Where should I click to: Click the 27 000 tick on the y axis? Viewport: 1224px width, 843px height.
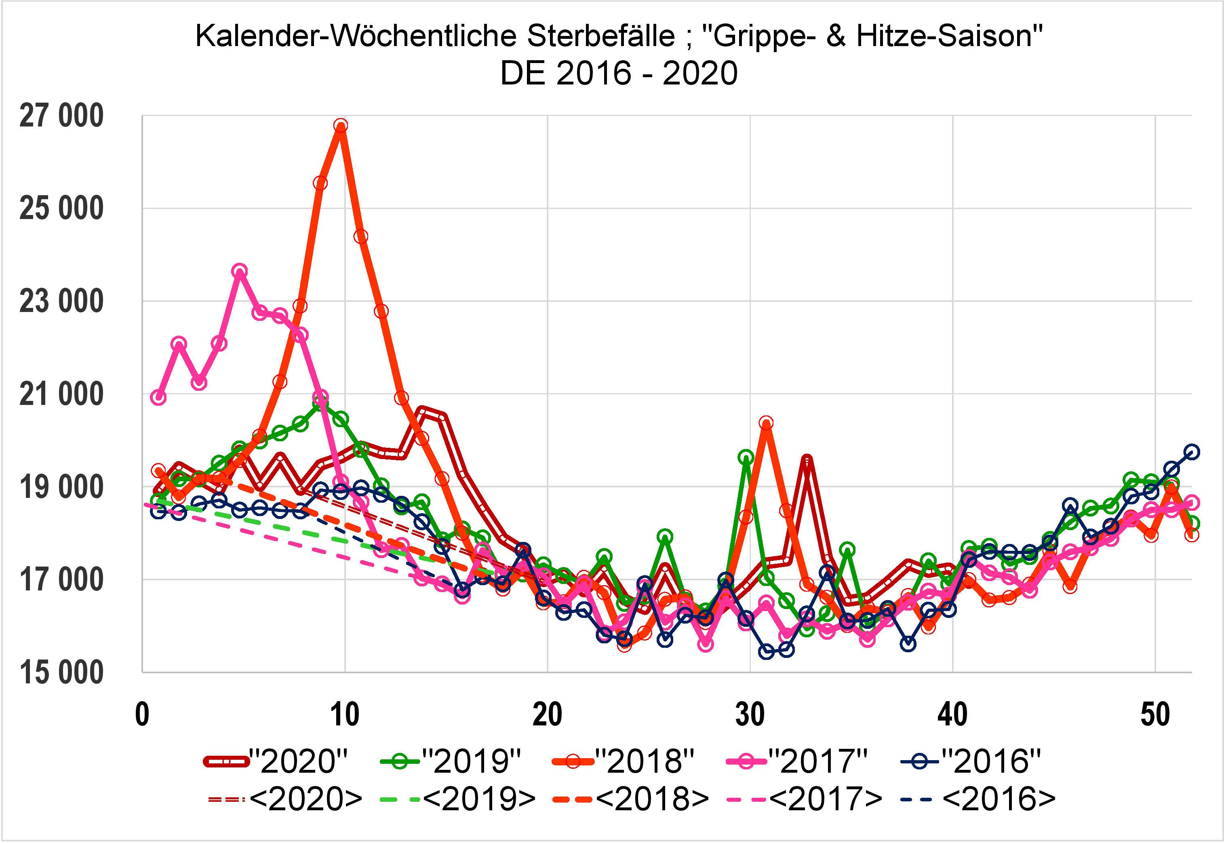point(61,116)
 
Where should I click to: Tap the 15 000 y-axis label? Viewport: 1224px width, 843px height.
point(61,673)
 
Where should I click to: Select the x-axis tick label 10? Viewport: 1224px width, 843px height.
point(345,715)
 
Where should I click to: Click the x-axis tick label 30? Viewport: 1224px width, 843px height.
point(750,715)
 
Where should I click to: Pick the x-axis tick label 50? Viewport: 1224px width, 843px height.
point(1155,715)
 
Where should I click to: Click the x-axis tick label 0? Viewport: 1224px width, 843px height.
point(142,715)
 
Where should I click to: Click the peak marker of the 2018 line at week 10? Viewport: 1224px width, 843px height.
point(341,126)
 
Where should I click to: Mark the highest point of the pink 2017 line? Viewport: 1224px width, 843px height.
point(240,271)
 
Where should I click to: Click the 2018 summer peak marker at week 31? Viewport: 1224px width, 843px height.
point(766,423)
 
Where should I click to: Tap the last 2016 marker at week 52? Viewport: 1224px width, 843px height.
point(1192,452)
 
